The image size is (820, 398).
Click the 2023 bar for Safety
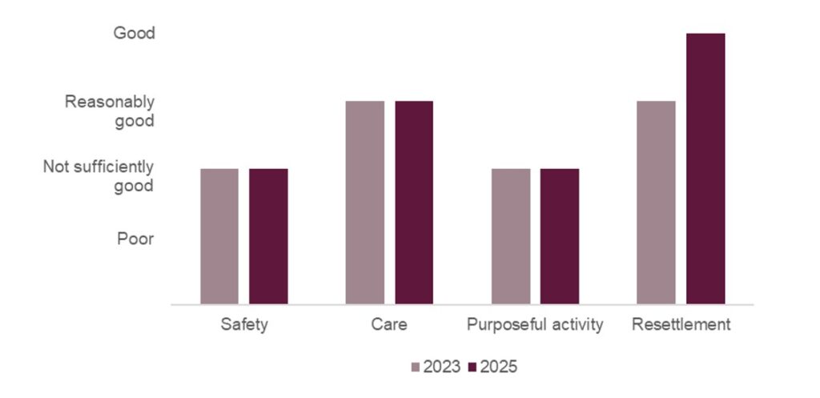click(219, 236)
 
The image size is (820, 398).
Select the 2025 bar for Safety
click(268, 236)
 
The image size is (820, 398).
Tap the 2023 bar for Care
click(364, 203)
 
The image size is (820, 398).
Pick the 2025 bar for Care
click(414, 203)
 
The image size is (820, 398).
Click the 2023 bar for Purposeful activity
click(510, 236)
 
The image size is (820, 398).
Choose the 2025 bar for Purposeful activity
click(560, 236)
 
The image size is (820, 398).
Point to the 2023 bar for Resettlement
click(656, 203)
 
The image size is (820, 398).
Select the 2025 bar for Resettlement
click(705, 169)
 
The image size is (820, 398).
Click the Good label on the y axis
click(134, 34)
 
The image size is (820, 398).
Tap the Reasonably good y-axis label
click(110, 111)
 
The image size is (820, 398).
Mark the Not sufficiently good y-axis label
click(98, 176)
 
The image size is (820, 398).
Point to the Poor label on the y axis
click(135, 239)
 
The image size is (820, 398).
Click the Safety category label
click(243, 325)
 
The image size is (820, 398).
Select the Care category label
click(389, 325)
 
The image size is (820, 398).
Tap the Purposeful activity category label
click(535, 325)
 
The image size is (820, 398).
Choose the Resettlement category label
click(681, 325)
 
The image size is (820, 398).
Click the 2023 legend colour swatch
click(416, 367)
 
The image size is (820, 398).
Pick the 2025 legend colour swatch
click(472, 367)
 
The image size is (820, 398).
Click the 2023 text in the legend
click(442, 367)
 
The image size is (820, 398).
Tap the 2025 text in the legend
click(499, 367)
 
